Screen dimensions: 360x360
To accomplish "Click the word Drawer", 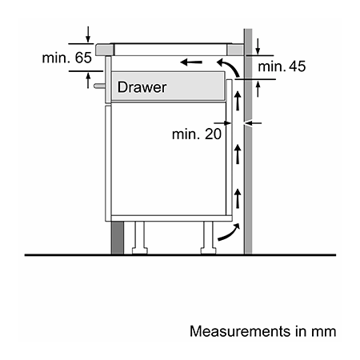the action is (x=142, y=87).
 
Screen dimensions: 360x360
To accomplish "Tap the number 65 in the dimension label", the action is (x=83, y=58).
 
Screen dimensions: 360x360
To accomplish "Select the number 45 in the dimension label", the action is (x=298, y=66).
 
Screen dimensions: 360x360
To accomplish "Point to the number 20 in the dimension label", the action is (x=213, y=134).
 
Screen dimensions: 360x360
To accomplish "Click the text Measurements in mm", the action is (x=262, y=331).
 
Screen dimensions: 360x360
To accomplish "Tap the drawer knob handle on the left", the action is (x=99, y=86).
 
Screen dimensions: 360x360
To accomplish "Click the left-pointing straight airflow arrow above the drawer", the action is (x=191, y=62).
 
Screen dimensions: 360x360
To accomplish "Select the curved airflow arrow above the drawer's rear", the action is (x=228, y=68).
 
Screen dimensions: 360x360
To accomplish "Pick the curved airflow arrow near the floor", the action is (x=229, y=232).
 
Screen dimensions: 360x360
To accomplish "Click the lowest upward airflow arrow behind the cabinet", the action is (x=238, y=198).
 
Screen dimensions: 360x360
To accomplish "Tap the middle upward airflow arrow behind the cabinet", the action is (x=238, y=154).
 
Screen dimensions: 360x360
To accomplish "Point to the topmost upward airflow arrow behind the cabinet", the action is (x=238, y=101).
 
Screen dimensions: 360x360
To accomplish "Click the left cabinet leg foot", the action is (x=140, y=251).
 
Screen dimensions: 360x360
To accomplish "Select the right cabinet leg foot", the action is (x=209, y=251).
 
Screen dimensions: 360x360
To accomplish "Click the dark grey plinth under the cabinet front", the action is (x=118, y=238).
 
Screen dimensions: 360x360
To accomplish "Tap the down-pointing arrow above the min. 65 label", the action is (x=88, y=34).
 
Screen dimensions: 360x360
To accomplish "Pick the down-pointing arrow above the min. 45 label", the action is (x=258, y=46).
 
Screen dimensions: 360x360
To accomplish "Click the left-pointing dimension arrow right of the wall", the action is (x=254, y=123).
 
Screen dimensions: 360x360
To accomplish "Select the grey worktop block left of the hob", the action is (x=105, y=50).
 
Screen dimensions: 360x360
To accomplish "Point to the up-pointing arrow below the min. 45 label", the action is (x=258, y=89).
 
